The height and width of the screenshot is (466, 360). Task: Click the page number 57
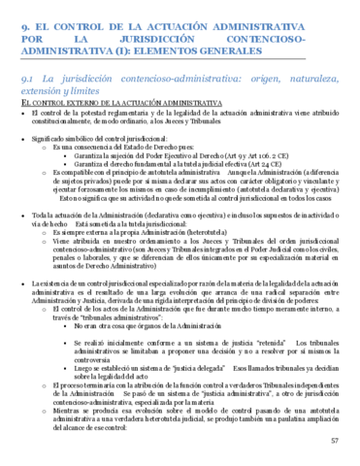pos(335,441)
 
